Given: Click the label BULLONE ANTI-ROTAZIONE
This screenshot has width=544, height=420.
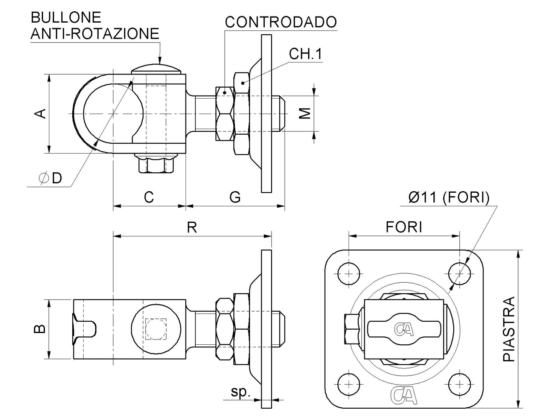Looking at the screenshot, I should click(x=94, y=26).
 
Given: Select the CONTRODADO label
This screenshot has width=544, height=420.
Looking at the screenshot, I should click(x=280, y=22).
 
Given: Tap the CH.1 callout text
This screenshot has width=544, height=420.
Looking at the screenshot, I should click(x=305, y=54).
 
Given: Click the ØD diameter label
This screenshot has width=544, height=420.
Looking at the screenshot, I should click(x=51, y=178).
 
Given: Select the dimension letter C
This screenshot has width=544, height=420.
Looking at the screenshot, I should click(x=149, y=197).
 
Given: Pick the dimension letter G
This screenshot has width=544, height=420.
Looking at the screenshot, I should click(x=235, y=197).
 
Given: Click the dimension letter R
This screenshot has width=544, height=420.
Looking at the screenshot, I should click(x=192, y=227).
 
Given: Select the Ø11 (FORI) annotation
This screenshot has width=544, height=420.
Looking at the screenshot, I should click(x=449, y=197).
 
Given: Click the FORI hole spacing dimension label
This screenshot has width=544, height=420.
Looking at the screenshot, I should click(x=404, y=227).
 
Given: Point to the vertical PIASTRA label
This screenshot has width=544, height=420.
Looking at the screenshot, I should click(x=509, y=329).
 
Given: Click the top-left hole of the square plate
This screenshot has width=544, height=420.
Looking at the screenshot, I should click(x=349, y=272).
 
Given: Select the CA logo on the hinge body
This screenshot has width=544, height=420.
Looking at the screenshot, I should click(x=404, y=329).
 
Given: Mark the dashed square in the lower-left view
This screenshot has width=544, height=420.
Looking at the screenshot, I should click(x=156, y=329).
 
